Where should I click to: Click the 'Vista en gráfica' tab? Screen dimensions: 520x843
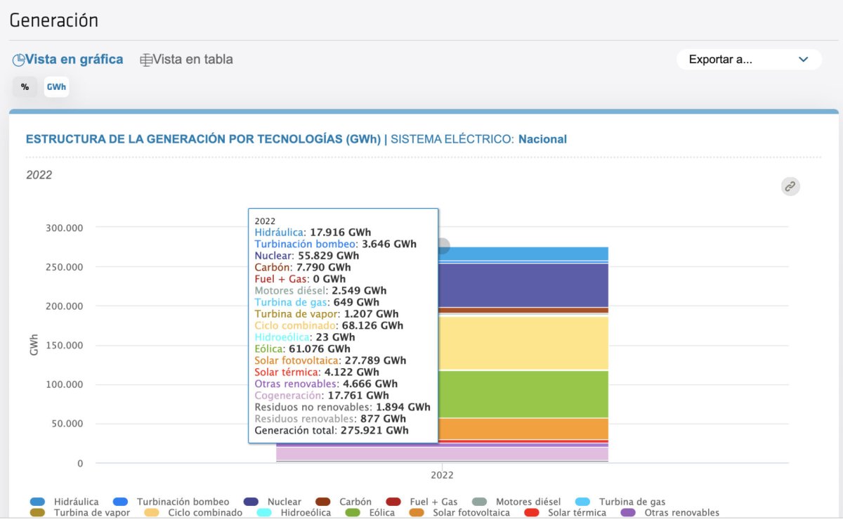[x=68, y=60]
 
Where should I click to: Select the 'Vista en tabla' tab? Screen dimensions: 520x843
[x=186, y=60]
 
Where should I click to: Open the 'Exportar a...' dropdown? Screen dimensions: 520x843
[x=749, y=60]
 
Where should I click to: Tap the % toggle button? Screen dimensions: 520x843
[x=25, y=87]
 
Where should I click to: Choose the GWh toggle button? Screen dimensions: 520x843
[x=56, y=87]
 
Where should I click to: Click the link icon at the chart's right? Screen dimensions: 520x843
[x=790, y=186]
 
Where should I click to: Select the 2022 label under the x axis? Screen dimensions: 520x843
[x=442, y=475]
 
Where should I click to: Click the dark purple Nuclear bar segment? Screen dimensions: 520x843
[x=523, y=285]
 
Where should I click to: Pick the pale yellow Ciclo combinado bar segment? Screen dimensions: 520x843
[x=523, y=342]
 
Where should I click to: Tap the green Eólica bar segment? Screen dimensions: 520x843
[x=523, y=394]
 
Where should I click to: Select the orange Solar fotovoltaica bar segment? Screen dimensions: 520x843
[x=523, y=428]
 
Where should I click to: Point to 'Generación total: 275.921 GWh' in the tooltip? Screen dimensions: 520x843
[x=332, y=430]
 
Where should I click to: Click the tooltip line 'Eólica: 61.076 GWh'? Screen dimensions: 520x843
[x=302, y=349]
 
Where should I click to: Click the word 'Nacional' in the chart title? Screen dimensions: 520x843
[x=542, y=139]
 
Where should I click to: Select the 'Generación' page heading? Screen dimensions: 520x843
[x=54, y=20]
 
